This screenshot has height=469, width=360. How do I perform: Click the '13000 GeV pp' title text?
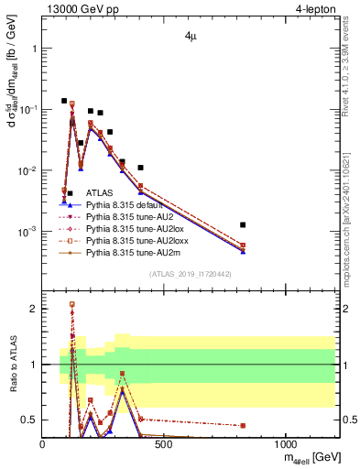pyautogui.click(x=80, y=10)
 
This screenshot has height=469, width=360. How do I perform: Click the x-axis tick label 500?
pyautogui.click(x=164, y=443)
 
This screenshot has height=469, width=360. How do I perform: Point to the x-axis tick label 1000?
pyautogui.click(x=285, y=443)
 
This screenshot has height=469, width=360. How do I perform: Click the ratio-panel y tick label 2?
pyautogui.click(x=33, y=309)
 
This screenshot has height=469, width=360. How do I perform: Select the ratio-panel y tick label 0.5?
pyautogui.click(x=28, y=420)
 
